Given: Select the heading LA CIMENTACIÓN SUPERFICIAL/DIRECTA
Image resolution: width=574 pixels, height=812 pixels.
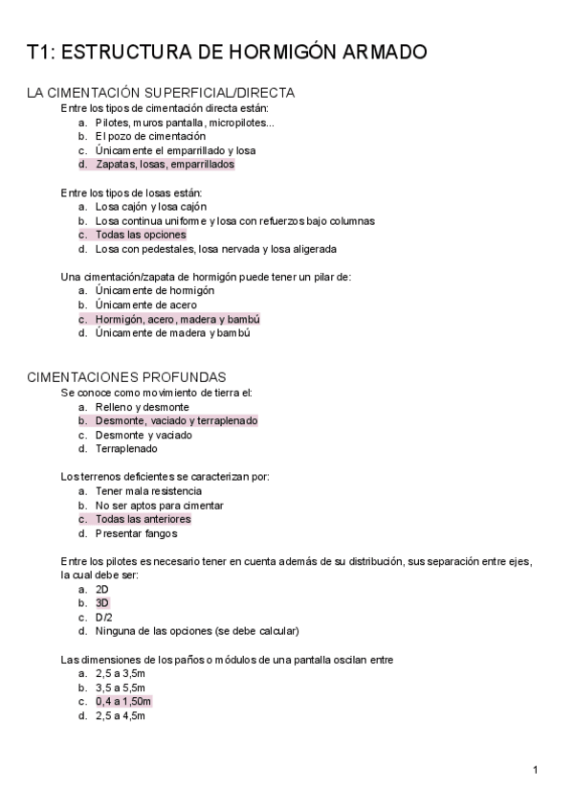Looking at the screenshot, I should point(161,93).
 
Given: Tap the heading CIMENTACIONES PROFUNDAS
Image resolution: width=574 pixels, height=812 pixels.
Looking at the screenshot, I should point(126,377).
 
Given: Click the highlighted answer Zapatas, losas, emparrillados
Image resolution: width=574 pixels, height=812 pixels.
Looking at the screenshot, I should point(165,164).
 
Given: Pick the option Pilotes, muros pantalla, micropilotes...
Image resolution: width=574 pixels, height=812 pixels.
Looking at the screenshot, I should point(184,122).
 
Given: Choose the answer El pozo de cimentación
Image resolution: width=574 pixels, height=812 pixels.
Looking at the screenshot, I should point(150,136).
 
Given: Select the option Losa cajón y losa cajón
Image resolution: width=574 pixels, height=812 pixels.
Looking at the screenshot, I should point(151,206).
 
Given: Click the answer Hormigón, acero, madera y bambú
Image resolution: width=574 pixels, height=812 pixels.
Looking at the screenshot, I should point(177,319).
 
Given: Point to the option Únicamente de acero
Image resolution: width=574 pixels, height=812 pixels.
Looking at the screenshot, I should point(146,304).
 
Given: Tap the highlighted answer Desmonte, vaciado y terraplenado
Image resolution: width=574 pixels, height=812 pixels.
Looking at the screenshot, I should point(176,420).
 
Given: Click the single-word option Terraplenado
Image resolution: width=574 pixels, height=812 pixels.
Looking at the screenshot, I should point(126,448).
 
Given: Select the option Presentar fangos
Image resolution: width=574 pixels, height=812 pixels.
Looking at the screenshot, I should point(135,533).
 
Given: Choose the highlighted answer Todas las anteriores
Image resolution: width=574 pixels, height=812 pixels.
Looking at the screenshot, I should point(143,519).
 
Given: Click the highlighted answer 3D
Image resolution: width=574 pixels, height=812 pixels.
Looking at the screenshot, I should point(102,603).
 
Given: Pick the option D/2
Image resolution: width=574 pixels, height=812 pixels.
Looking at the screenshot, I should point(103,618).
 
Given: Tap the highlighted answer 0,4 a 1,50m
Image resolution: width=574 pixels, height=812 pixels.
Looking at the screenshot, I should point(122,701).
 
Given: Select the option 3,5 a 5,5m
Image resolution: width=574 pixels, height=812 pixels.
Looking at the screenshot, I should point(120,688).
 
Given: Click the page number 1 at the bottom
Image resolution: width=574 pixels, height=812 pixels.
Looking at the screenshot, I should point(536,770).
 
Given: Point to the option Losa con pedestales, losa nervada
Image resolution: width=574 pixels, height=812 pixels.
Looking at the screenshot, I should point(215,249).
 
